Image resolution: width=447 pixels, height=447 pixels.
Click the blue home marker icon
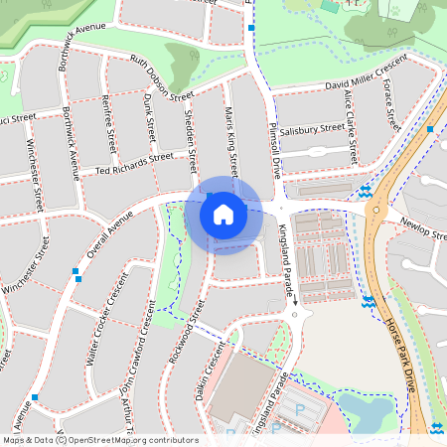click(x=223, y=214)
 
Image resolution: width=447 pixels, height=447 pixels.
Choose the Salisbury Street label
click(x=312, y=129)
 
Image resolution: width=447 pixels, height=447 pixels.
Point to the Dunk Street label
click(x=151, y=117)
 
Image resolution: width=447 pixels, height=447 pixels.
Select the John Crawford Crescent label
click(x=138, y=356)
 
